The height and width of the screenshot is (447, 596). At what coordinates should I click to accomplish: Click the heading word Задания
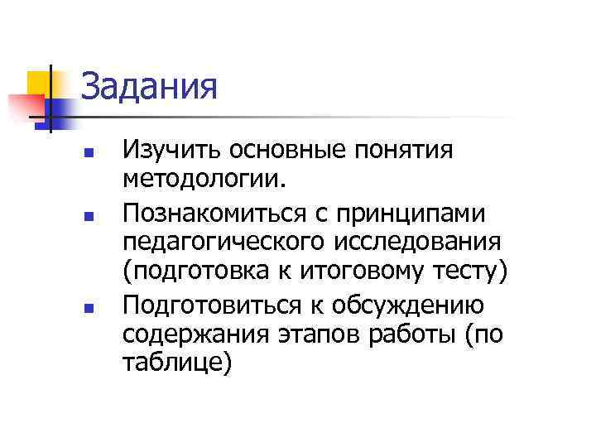(x=150, y=86)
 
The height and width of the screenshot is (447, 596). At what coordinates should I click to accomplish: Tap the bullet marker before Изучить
(x=95, y=154)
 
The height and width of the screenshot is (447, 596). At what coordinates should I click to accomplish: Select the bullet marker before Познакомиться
(x=95, y=218)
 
